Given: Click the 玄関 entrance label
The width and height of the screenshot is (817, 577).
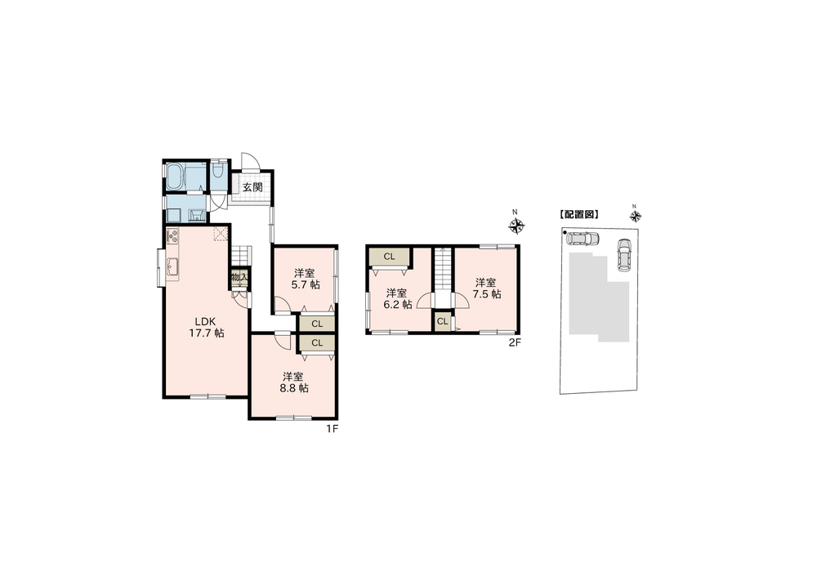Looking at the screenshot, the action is [252, 188].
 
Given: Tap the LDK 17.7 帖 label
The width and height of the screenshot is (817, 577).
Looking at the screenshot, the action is [206, 327].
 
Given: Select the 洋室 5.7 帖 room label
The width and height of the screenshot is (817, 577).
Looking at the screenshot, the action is [305, 279].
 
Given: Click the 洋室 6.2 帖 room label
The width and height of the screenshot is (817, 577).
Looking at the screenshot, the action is [398, 298].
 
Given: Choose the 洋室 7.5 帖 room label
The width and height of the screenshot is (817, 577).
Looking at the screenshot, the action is [487, 288].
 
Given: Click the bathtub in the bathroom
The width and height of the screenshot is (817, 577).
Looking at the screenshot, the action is [175, 177].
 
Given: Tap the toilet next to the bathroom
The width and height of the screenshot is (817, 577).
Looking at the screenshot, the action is [218, 171].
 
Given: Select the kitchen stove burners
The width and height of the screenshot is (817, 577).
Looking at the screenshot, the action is [172, 235].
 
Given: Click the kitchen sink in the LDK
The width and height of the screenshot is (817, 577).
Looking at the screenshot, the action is [172, 267].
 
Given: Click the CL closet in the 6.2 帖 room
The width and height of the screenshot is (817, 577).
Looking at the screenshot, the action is [389, 257].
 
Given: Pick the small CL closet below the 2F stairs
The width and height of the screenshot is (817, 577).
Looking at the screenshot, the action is [442, 321].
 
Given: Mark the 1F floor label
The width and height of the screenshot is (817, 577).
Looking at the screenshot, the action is [333, 429].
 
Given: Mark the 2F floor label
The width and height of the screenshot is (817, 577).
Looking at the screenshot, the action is [515, 342].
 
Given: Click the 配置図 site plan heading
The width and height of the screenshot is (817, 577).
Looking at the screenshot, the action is [578, 214].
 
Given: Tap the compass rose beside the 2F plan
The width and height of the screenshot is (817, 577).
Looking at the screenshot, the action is [516, 226].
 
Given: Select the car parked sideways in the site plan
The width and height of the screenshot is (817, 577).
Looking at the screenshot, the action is [583, 239].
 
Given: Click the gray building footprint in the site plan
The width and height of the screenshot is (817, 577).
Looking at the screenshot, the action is [599, 297].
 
